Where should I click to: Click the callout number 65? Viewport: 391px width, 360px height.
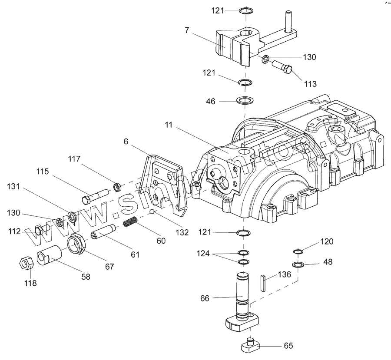[x=288, y=346]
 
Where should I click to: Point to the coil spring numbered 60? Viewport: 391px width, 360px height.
[x=130, y=222]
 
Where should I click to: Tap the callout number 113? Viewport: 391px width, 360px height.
[x=310, y=84]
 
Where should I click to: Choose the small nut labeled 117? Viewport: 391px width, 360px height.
[x=116, y=187]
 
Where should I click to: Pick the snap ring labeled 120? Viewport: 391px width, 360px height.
[x=298, y=251]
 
